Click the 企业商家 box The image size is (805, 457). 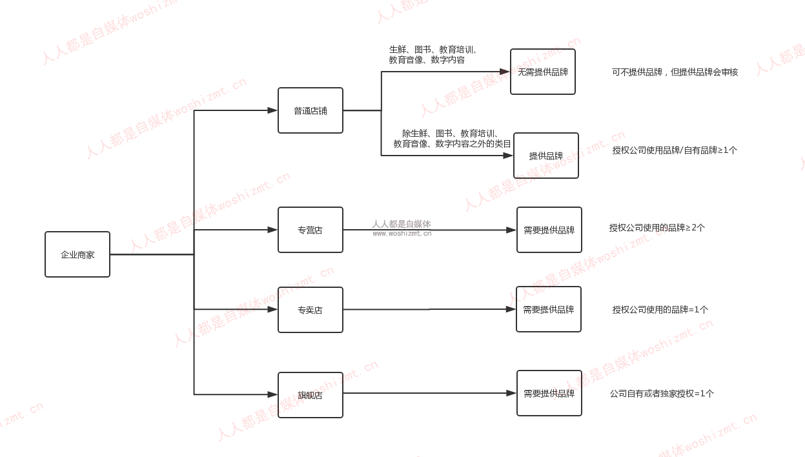77,254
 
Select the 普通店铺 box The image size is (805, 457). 311,110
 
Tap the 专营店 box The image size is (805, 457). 311,230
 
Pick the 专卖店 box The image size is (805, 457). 311,310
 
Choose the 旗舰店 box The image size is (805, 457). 311,395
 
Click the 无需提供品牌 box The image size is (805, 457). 543,72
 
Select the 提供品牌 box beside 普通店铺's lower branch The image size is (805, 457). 546,156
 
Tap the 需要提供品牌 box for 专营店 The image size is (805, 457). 549,230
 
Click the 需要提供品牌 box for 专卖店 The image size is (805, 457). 549,309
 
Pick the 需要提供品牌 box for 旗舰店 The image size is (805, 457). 549,393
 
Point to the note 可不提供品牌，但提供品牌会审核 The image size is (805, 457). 675,72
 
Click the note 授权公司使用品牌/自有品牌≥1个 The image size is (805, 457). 675,150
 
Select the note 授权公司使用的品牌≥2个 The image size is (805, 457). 657,227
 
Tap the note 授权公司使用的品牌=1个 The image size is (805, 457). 660,309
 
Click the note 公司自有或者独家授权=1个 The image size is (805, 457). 662,393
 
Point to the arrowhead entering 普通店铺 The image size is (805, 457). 272,110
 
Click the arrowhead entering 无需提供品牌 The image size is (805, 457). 505,72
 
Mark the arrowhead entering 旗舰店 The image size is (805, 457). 272,394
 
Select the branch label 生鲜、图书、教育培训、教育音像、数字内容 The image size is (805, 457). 433,55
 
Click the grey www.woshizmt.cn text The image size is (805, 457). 402,234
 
